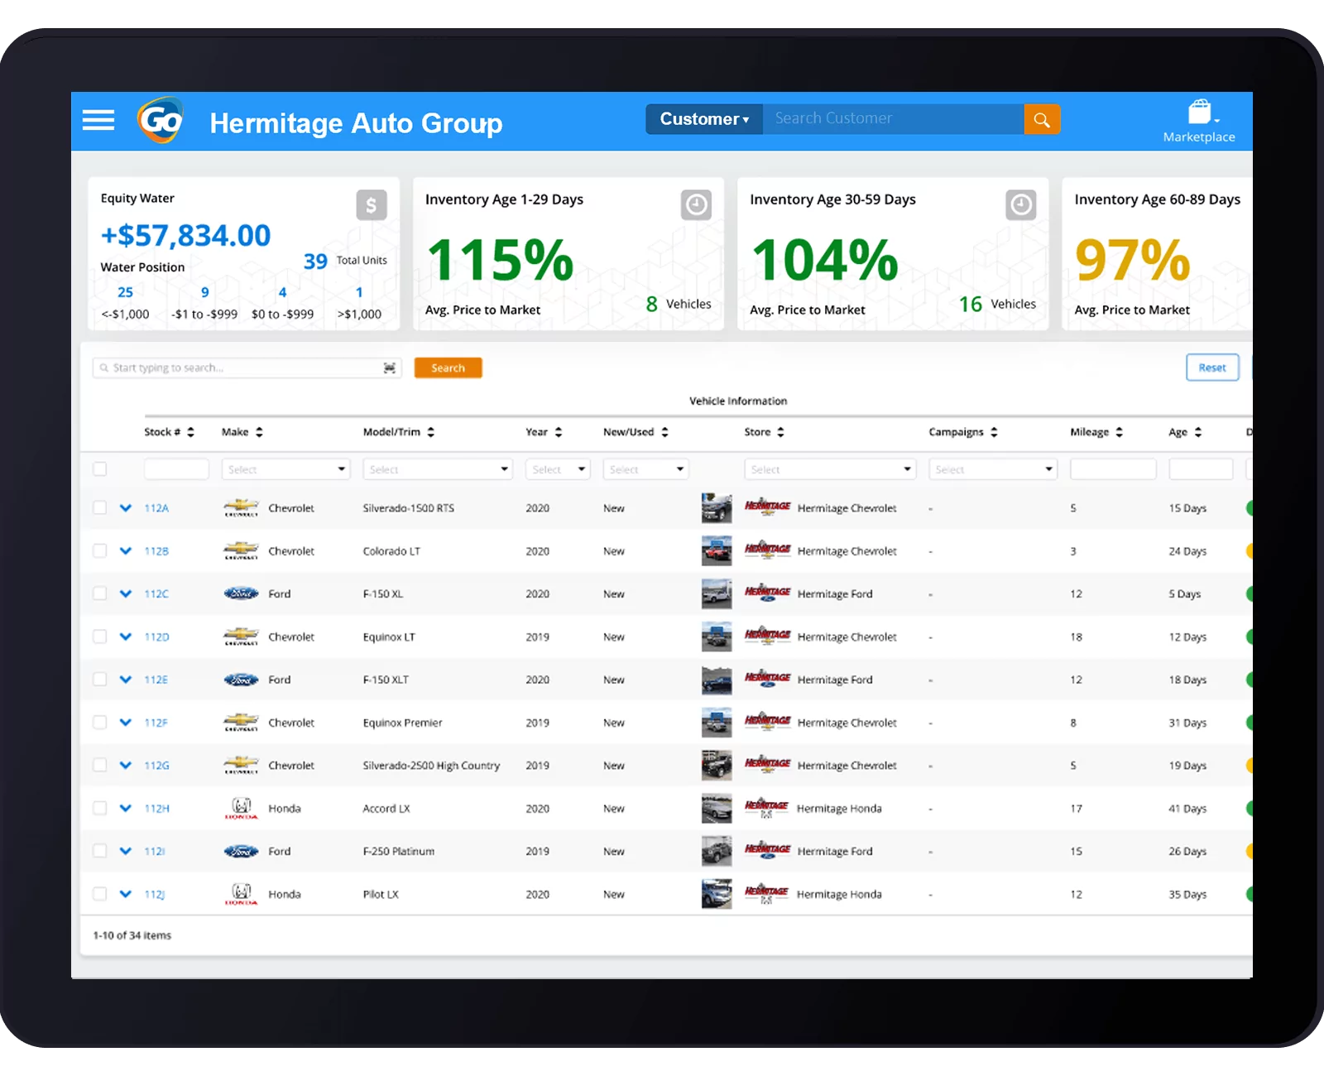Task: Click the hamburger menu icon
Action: coord(98,120)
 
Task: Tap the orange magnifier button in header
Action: coord(1042,119)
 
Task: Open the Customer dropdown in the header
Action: coord(704,119)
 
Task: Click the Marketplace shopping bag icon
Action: coord(1199,112)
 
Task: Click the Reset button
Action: coord(1211,367)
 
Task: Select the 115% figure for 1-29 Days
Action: coord(501,260)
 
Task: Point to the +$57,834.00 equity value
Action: coord(185,236)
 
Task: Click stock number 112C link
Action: coord(156,593)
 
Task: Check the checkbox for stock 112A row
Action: coord(100,507)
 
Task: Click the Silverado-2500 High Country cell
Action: coord(431,766)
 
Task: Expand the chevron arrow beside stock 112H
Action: coord(126,808)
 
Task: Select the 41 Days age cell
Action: coord(1187,809)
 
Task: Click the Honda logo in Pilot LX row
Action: coord(241,894)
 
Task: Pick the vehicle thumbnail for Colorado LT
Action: coord(717,550)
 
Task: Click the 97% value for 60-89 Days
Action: coord(1132,260)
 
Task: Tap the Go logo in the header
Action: coord(161,121)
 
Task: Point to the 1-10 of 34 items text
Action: coord(132,935)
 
